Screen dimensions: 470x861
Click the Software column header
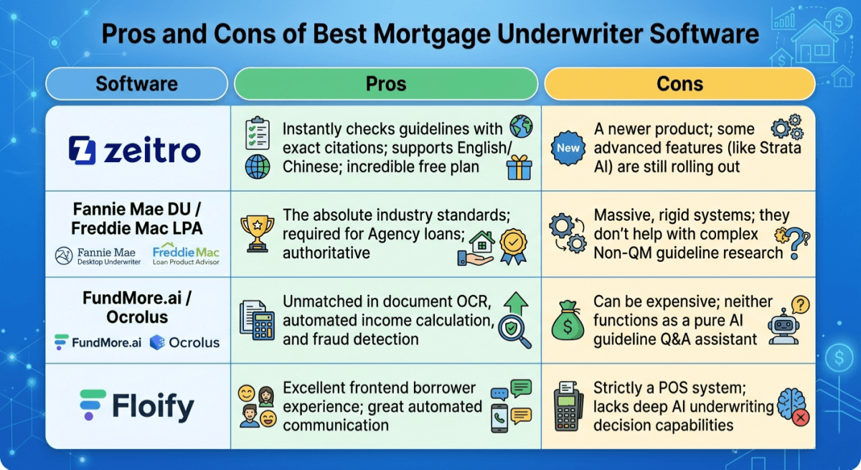(136, 83)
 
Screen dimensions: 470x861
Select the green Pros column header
(386, 83)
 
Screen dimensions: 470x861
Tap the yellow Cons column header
(679, 83)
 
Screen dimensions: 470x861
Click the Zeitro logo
(135, 151)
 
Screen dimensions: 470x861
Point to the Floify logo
(136, 406)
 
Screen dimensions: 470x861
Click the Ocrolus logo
(184, 342)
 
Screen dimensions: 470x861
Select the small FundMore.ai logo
(98, 342)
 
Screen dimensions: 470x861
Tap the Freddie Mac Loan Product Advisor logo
(186, 256)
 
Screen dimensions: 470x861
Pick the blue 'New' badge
(568, 148)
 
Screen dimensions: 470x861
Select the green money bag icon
(568, 320)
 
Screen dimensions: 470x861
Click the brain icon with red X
(793, 407)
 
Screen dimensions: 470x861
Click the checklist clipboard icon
(257, 133)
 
